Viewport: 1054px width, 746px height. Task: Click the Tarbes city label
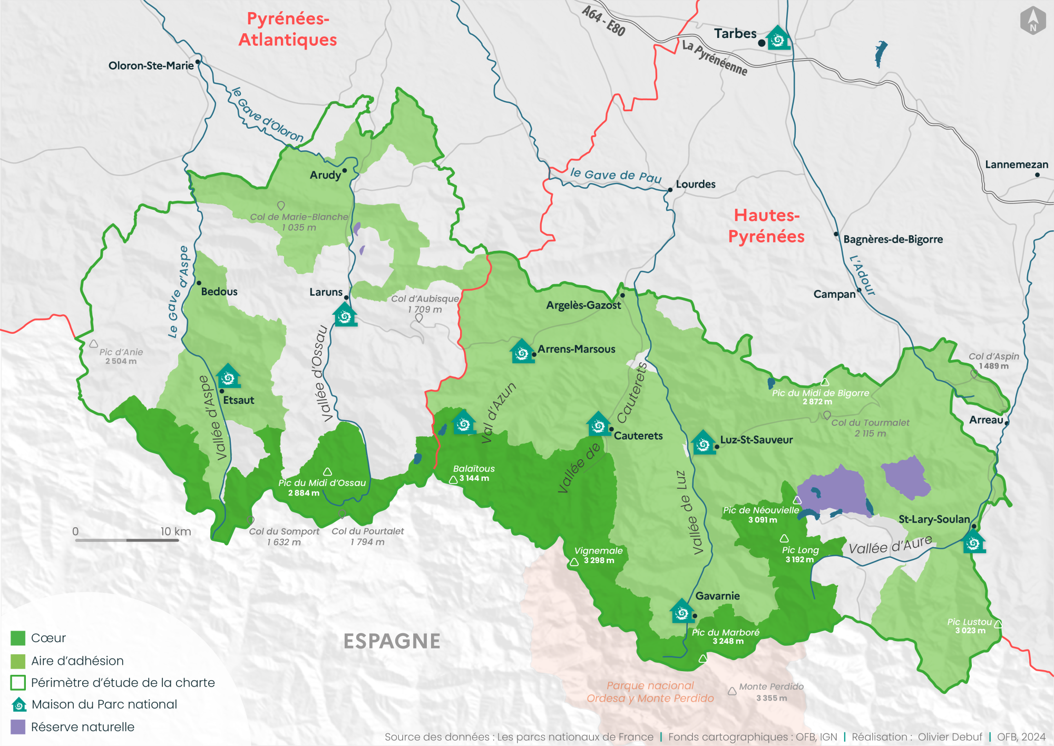[x=735, y=34]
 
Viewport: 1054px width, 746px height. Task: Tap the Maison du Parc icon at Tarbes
[x=778, y=38]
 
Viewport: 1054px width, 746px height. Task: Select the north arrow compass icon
[x=1032, y=21]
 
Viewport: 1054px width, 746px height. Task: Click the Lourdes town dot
[x=670, y=190]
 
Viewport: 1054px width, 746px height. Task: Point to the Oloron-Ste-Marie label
[x=151, y=66]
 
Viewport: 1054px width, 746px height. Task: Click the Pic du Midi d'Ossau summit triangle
[x=327, y=472]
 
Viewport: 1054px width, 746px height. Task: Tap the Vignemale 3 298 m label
[x=599, y=555]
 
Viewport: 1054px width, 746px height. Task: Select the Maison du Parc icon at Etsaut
[x=228, y=376]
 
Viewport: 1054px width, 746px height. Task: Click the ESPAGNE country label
[x=392, y=641]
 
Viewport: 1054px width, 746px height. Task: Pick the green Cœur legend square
[x=18, y=638]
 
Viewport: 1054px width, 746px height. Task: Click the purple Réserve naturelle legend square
[x=18, y=727]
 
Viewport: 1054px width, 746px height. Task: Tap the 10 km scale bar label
[x=175, y=531]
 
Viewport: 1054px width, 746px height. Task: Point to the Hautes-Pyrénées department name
[x=766, y=226]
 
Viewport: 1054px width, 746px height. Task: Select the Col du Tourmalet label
[x=870, y=428]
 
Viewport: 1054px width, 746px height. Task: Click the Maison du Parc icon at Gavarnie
[x=681, y=612]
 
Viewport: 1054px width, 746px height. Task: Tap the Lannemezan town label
[x=1016, y=164]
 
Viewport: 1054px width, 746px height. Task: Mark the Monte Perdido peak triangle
[x=732, y=691]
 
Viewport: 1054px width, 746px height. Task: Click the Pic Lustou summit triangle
[x=998, y=624]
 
